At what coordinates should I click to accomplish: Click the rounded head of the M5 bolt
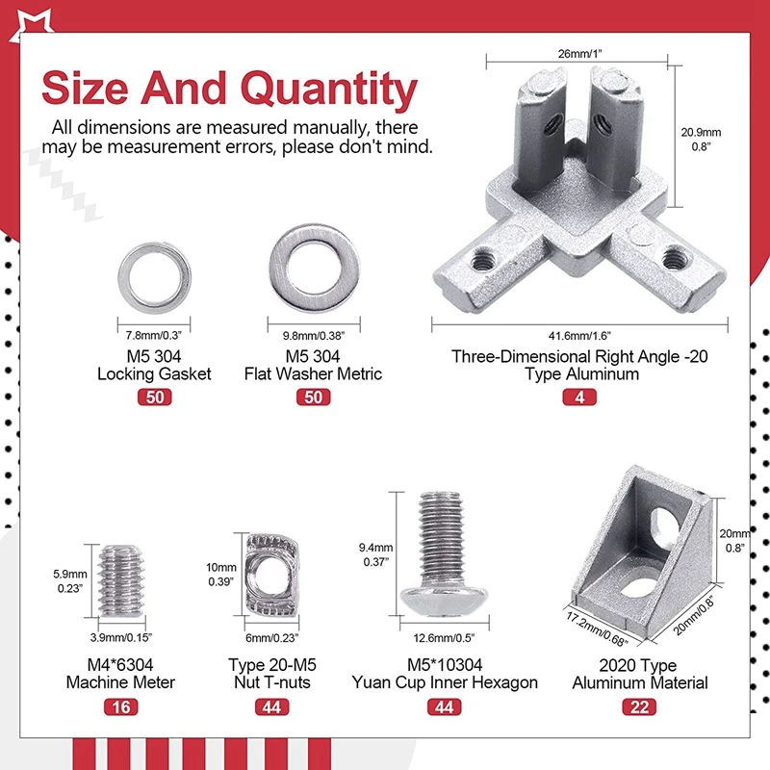click(x=444, y=600)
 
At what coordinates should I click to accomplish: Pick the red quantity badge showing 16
click(x=121, y=707)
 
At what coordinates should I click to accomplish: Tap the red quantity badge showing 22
click(x=639, y=707)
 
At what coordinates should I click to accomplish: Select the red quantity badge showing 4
click(x=579, y=397)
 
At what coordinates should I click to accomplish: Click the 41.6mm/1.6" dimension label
click(x=579, y=336)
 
